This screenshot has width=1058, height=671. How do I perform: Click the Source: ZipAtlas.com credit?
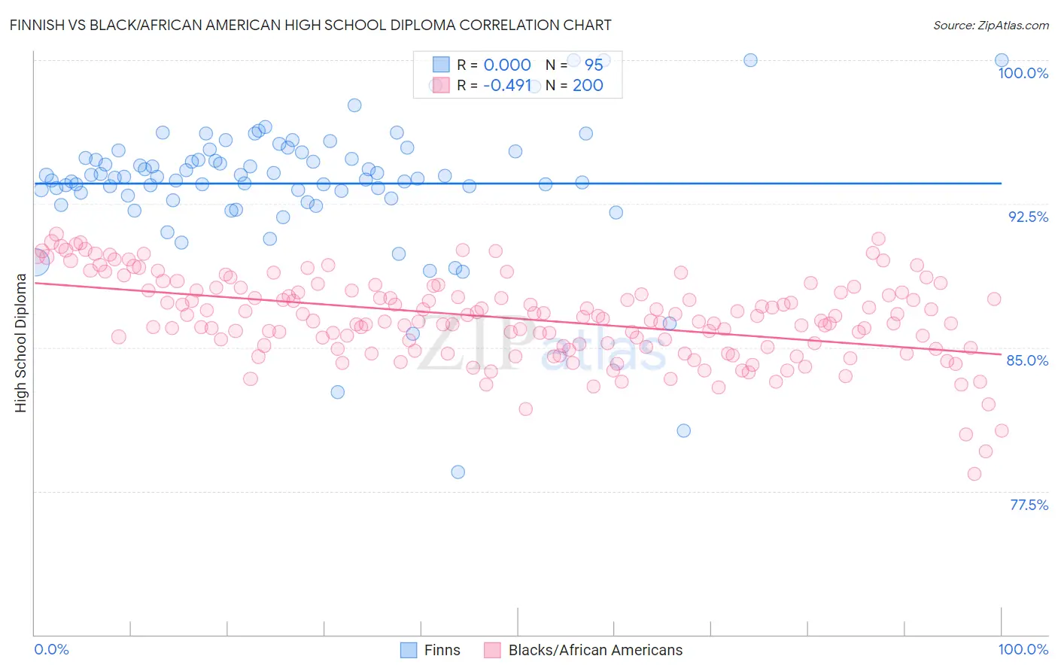(x=990, y=25)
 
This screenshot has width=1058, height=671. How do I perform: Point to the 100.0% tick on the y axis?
(x=1023, y=73)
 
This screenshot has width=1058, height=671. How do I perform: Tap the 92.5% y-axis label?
(x=1028, y=217)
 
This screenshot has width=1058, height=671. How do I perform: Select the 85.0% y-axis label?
(x=1027, y=360)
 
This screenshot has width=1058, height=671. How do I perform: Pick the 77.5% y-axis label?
(x=1029, y=505)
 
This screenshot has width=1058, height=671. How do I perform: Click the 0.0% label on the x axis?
(x=51, y=649)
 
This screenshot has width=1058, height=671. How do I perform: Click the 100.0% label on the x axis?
(x=1023, y=649)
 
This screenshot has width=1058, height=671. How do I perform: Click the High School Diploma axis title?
(x=21, y=343)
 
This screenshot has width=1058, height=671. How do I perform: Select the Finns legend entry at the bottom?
(x=442, y=650)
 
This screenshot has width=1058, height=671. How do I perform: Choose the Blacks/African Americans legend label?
(x=595, y=650)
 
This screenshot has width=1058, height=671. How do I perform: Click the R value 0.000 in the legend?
(x=507, y=65)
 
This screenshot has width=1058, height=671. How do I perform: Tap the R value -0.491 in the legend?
(x=507, y=85)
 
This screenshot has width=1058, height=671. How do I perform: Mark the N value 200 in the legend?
(x=588, y=85)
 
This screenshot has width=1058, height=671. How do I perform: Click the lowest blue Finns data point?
(x=458, y=472)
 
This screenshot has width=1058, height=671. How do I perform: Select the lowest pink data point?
(x=974, y=474)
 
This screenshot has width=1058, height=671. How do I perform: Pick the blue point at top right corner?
(x=1002, y=60)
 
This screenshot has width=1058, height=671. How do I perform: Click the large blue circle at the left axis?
(x=35, y=261)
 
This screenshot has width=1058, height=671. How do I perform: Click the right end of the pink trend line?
(x=1001, y=354)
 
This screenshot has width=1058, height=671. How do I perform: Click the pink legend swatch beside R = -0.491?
(x=441, y=85)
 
